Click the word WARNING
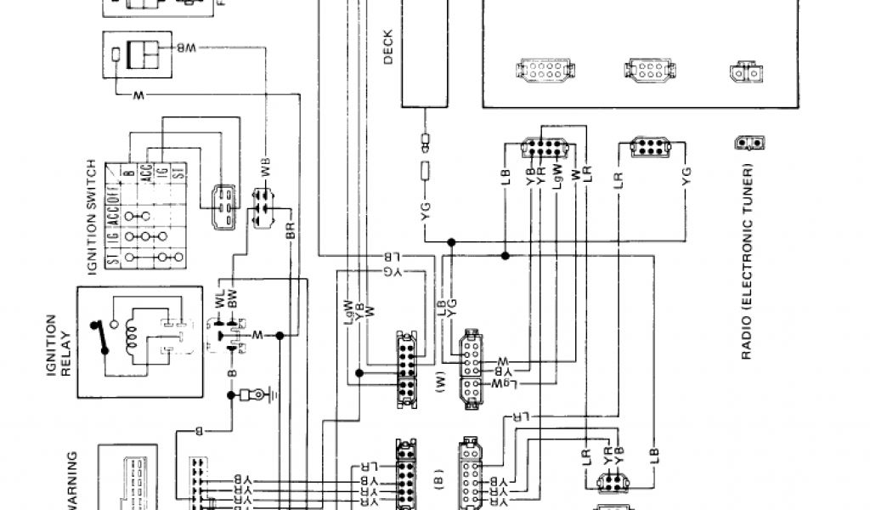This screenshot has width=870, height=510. point(73,479)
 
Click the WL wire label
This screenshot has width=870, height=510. point(220,300)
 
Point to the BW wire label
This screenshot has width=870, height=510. point(232,300)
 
